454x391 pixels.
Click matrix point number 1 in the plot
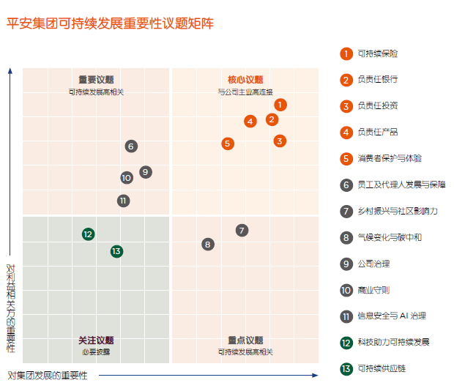280,105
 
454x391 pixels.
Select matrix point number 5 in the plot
228,144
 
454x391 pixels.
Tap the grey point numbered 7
242,231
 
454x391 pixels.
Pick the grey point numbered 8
208,245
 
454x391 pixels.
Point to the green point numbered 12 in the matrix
88,234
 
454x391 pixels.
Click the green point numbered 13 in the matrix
116,251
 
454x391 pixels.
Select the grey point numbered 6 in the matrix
130,146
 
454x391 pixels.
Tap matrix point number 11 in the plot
123,201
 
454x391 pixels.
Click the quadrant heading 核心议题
245,80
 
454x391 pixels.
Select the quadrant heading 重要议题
96,80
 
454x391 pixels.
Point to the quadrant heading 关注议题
96,340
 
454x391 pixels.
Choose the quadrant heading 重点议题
245,340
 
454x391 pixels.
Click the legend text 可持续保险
378,53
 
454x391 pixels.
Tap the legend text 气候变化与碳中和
389,237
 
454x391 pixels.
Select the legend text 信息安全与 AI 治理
391,316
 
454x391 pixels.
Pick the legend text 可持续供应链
381,368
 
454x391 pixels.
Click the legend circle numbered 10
346,290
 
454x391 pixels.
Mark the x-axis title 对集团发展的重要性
48,376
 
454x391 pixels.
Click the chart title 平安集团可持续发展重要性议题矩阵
110,23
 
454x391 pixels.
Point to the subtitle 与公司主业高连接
245,92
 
